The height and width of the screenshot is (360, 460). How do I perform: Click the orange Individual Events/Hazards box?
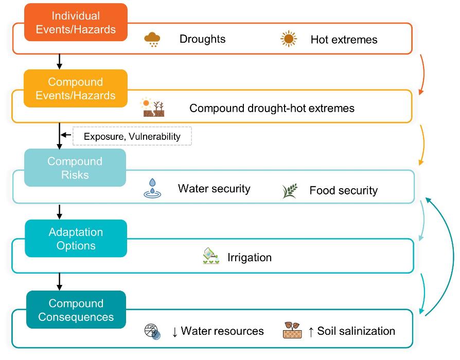pyautogui.click(x=76, y=22)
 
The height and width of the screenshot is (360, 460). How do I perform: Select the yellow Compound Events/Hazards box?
pyautogui.click(x=76, y=88)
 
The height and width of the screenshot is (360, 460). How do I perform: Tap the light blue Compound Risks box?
pyautogui.click(x=75, y=168)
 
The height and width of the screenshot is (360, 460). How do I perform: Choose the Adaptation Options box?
pyautogui.click(x=76, y=239)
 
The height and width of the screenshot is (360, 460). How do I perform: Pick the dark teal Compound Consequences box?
pyautogui.click(x=76, y=310)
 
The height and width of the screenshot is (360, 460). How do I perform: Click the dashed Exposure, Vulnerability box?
pyautogui.click(x=132, y=136)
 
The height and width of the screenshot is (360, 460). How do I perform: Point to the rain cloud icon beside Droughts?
pyautogui.click(x=152, y=40)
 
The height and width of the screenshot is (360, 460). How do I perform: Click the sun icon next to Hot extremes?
pyautogui.click(x=289, y=39)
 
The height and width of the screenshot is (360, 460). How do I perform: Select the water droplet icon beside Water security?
pyautogui.click(x=152, y=189)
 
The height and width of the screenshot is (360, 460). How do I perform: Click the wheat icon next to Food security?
pyautogui.click(x=289, y=190)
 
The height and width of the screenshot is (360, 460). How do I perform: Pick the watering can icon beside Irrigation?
pyautogui.click(x=211, y=256)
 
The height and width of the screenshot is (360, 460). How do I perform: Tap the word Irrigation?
pyautogui.click(x=250, y=257)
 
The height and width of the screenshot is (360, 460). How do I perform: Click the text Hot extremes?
pyautogui.click(x=344, y=40)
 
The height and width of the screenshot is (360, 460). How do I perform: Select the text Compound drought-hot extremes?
pyautogui.click(x=272, y=109)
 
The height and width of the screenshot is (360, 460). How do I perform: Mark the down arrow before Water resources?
pyautogui.click(x=174, y=332)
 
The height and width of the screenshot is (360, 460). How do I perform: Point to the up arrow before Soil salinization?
pyautogui.click(x=310, y=332)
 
